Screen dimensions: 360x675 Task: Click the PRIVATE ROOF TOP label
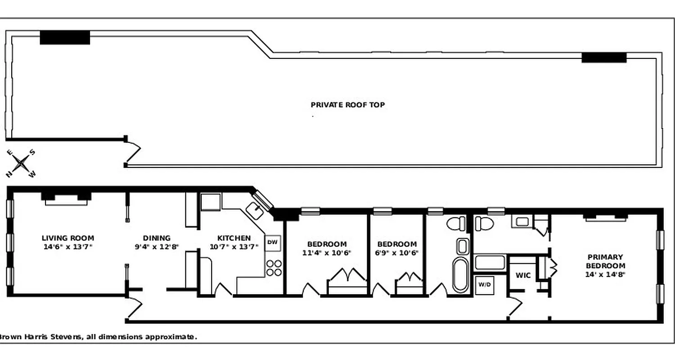[348, 105]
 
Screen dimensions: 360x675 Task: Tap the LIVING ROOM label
[68, 238]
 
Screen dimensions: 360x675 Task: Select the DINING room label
[157, 238]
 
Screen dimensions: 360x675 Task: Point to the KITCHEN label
[234, 238]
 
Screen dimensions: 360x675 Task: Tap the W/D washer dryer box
[484, 284]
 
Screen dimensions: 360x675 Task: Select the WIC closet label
[523, 275]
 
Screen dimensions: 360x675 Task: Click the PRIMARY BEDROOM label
[605, 261]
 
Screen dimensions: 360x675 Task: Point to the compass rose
[20, 163]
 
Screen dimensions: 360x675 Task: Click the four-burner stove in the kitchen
[274, 268]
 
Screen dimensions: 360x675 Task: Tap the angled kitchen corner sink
[256, 209]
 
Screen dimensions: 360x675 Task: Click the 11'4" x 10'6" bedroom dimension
[327, 252]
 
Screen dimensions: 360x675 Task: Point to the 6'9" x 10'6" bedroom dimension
[397, 252]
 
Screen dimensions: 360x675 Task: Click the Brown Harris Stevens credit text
[97, 337]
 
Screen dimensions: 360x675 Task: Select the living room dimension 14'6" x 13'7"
[68, 246]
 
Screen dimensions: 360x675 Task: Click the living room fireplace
[66, 198]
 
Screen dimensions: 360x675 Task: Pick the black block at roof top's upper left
[65, 37]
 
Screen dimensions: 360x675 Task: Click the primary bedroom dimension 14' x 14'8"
[605, 274]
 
